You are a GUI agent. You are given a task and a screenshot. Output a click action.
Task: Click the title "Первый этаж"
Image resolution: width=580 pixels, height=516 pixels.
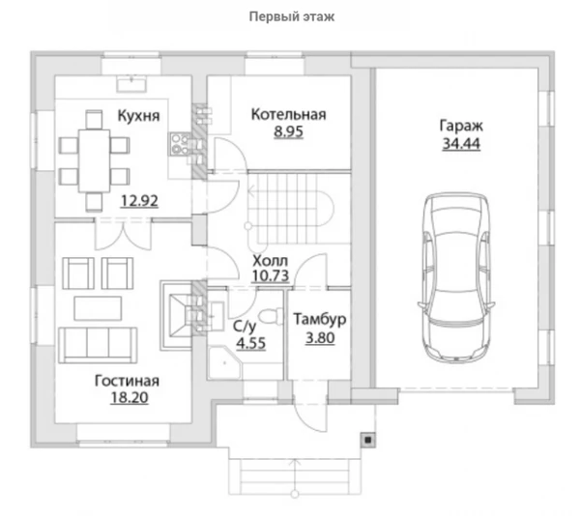point(292,17)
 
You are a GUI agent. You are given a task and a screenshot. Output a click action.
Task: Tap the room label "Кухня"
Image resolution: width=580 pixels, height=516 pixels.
point(138,116)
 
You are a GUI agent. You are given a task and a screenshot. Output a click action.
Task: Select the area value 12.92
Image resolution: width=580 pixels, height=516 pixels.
point(139,201)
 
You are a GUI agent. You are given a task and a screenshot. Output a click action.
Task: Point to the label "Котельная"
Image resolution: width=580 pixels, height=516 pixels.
point(288,115)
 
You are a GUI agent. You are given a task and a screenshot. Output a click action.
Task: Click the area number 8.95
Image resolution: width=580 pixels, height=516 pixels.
point(288,131)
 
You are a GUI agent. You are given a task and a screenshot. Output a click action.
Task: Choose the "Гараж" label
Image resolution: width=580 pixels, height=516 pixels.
point(461,127)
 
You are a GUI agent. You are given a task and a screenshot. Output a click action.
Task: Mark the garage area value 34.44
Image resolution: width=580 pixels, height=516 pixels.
point(461,143)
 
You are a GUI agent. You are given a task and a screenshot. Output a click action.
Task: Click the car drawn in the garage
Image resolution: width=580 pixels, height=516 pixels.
point(456,277)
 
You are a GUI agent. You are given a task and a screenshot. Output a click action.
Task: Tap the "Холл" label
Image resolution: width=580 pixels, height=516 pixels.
point(270,261)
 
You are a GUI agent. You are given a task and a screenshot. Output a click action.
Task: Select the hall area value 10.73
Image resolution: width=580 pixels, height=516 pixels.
point(270,275)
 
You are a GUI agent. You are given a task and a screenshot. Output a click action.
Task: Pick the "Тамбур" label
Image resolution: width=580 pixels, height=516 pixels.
point(320,319)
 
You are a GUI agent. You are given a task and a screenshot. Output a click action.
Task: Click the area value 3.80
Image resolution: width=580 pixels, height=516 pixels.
point(320,337)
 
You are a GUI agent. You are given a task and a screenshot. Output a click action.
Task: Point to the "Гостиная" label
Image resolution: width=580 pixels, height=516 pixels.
point(127,381)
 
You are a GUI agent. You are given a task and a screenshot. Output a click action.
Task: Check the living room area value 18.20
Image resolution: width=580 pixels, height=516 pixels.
point(130,397)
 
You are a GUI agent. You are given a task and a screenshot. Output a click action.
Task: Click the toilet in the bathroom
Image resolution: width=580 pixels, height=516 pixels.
point(270,317)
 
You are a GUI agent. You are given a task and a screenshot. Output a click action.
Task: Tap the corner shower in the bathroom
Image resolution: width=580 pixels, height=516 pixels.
point(224,362)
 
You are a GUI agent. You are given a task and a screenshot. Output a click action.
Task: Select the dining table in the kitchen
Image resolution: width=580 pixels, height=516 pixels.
point(95,160)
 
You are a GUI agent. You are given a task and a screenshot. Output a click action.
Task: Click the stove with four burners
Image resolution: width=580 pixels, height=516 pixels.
point(181,144)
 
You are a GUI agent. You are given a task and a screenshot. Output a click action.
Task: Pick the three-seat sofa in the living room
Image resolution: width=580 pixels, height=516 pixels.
point(98,345)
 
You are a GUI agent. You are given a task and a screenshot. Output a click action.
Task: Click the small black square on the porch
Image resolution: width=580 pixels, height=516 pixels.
point(368,440)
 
